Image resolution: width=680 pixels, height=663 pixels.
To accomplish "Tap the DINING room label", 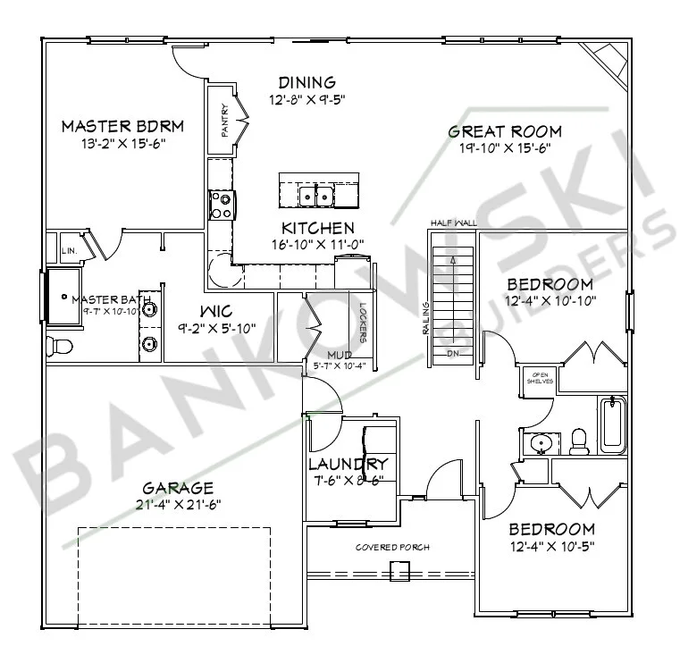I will [x=306, y=82].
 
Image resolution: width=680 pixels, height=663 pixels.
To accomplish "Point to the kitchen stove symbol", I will [x=221, y=206].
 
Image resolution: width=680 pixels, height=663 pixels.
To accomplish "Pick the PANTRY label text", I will [x=224, y=121].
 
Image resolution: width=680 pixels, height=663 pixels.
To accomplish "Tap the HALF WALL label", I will [x=450, y=222].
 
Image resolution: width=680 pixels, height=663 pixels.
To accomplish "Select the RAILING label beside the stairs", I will [x=426, y=317].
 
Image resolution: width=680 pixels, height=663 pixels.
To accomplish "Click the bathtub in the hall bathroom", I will [x=614, y=424].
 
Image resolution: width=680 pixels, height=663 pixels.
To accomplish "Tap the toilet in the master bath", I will [x=58, y=344].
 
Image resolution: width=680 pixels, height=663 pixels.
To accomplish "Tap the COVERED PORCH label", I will [x=393, y=547].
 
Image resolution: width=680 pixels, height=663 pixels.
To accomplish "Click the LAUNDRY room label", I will [x=348, y=464].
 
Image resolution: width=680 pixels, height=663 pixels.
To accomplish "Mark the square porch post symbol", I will [x=399, y=570].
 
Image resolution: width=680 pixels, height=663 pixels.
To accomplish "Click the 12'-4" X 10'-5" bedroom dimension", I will [x=550, y=546].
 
